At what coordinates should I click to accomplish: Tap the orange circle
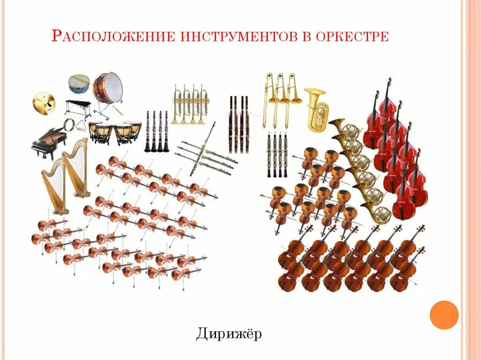[x=444, y=314]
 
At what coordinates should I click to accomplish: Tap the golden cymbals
[x=44, y=101]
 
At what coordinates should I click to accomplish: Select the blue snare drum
[x=79, y=84]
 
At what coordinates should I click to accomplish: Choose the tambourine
[x=69, y=124]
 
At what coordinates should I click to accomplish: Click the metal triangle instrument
[x=83, y=126]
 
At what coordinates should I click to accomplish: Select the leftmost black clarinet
[x=147, y=131]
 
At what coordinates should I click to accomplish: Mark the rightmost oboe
[x=286, y=155]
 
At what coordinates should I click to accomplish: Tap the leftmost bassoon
[x=231, y=124]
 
